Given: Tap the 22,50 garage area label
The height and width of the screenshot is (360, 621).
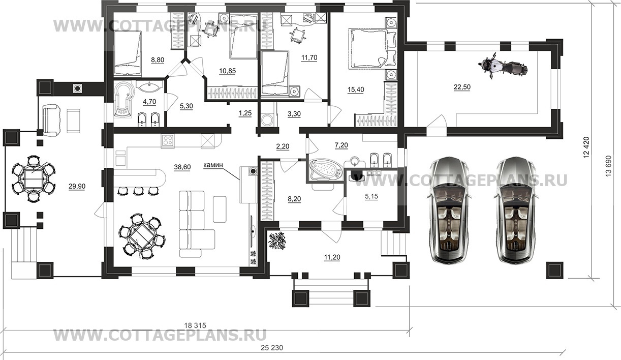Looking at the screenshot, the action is click(462, 87).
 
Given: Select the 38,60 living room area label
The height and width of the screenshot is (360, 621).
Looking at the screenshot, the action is click(182, 167).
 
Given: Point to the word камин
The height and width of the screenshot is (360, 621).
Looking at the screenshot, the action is click(213, 165).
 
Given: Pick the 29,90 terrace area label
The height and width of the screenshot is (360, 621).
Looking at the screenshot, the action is click(77, 187).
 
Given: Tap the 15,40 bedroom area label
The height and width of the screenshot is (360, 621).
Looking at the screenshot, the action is click(356, 89).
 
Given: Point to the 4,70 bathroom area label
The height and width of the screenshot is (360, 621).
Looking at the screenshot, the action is click(149, 102).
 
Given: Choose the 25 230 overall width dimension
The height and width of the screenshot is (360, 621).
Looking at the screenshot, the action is click(272, 347).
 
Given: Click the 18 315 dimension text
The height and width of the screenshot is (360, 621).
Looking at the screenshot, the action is click(195, 325).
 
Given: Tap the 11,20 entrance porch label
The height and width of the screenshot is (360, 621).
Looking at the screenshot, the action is click(332, 257).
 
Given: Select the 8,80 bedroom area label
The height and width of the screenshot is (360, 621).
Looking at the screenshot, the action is click(158, 60).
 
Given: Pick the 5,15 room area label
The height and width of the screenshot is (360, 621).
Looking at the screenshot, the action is click(371, 196).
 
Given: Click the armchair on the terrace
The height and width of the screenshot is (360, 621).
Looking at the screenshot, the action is click(51, 120).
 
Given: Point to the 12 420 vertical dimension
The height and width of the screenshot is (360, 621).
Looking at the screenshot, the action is click(586, 147).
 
